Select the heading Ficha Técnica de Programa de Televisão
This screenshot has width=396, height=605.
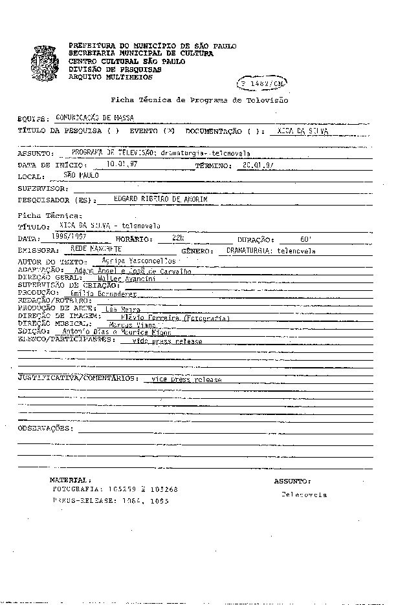(x=200, y=101)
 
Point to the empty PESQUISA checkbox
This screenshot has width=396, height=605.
(x=113, y=131)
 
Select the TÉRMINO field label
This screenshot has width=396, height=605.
(x=213, y=165)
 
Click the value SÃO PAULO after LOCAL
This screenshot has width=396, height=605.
(x=82, y=175)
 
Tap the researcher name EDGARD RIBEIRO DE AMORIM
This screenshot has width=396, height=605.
(x=160, y=200)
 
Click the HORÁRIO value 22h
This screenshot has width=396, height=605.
(x=178, y=238)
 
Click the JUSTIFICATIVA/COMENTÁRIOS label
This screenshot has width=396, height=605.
(x=77, y=377)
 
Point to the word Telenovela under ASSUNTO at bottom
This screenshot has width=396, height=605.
(x=303, y=494)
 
